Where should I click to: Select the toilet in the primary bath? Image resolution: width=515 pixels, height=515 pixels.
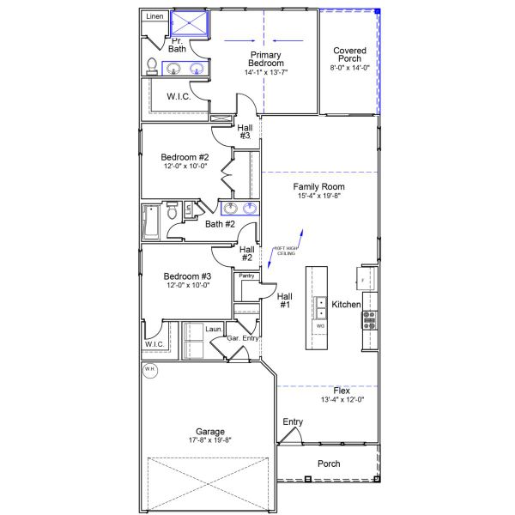pos(152,66)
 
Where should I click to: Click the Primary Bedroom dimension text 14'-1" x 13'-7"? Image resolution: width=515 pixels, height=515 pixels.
pos(265,72)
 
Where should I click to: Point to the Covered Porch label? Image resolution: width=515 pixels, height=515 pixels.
pos(350,56)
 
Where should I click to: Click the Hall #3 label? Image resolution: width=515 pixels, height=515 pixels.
pos(245,131)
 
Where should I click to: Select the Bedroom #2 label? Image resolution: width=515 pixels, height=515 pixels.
pos(185,157)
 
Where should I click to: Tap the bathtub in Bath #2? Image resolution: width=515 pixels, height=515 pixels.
pos(151,222)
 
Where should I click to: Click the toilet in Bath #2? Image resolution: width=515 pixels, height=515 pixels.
pos(173,211)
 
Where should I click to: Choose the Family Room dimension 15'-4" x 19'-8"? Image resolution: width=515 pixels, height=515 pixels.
pos(318,197)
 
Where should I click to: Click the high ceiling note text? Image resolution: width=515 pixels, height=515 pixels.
pos(284,251)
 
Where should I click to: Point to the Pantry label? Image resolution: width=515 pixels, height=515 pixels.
pos(246,276)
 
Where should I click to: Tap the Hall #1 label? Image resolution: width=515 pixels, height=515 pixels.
pos(284,300)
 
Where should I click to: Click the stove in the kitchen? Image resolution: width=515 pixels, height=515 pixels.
pos(371,319)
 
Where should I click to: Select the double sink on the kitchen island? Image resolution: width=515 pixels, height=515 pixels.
pos(320,308)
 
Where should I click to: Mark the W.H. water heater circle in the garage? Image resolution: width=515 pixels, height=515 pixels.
pos(149,370)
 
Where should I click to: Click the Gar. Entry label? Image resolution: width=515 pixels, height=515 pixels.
pos(243,339)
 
